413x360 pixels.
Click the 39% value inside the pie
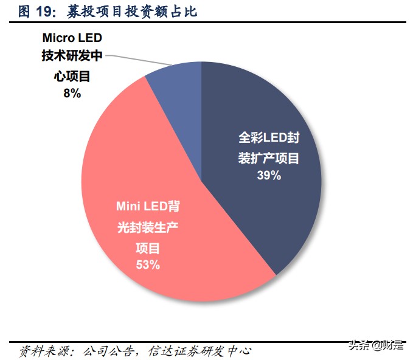[x=268, y=176]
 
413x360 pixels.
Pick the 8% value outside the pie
[x=71, y=93]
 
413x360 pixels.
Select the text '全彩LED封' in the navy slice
[x=268, y=137]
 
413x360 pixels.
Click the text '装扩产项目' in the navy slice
[x=268, y=157]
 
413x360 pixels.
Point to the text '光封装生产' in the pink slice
[x=147, y=227]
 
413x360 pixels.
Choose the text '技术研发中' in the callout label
[x=72, y=56]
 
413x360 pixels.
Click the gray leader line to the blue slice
[x=139, y=60]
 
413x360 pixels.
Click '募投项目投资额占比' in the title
[x=128, y=11]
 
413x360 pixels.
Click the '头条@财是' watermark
[x=375, y=345]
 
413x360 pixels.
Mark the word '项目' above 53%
[x=147, y=246]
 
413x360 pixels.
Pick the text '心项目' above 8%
[x=72, y=75]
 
